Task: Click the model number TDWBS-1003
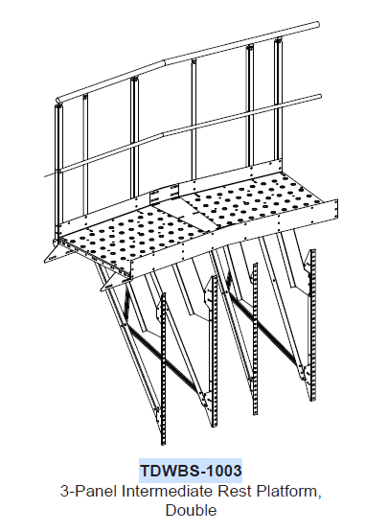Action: (191, 471)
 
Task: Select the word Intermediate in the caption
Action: (168, 491)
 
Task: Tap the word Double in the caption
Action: (191, 510)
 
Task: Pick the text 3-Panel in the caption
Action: (89, 491)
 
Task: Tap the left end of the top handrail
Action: (57, 100)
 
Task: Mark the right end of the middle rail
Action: (319, 97)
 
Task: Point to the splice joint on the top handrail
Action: (164, 62)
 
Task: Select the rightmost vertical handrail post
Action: (278, 102)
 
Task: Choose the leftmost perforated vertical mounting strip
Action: (163, 369)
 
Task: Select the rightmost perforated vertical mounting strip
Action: (312, 326)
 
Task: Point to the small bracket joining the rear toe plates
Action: (164, 193)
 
